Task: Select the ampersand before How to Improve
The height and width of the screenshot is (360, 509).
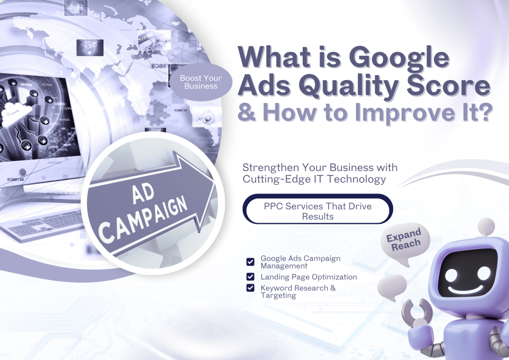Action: (x=248, y=113)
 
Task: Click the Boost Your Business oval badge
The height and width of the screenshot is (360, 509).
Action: (x=201, y=82)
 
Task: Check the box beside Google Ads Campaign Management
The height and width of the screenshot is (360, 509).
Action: (x=251, y=262)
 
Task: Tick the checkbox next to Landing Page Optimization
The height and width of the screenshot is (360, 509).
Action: (x=251, y=277)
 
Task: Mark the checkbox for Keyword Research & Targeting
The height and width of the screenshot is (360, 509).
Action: (x=251, y=288)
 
